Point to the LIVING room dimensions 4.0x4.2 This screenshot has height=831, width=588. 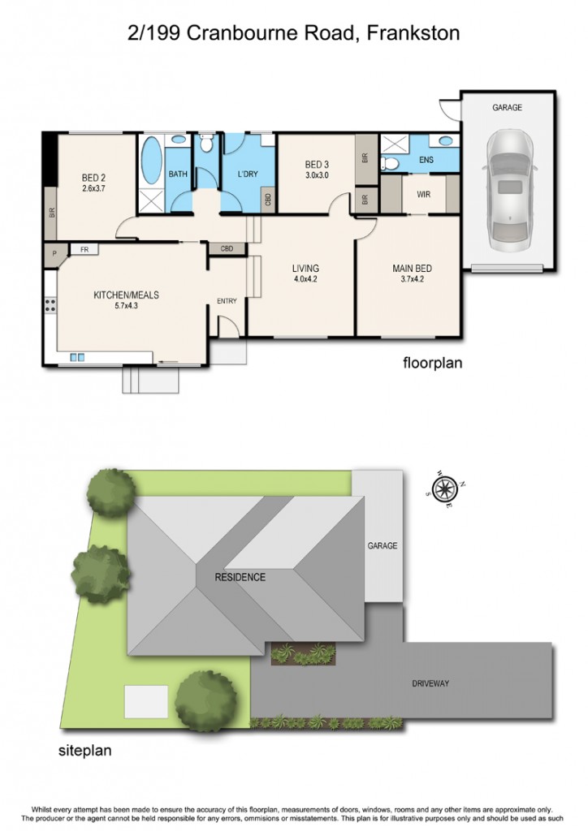coord(305,279)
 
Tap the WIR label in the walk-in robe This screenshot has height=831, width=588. coord(424,195)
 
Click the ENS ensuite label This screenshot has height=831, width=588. coord(426,160)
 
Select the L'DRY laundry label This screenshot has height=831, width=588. coord(247,174)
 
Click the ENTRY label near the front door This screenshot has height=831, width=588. coord(227,301)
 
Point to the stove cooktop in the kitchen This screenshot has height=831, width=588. coord(50,305)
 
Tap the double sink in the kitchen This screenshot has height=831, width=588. coord(77,358)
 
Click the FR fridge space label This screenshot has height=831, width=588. coord(84,249)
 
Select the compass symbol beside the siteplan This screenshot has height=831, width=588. coord(445,489)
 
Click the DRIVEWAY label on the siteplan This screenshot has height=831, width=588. coord(430,683)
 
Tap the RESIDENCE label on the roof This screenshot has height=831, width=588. coord(240,577)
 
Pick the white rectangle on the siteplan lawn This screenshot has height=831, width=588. coord(146,702)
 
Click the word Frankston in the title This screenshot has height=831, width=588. coord(413,33)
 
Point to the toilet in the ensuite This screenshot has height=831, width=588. coord(390,162)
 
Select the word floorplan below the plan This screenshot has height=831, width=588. coord(433,363)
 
